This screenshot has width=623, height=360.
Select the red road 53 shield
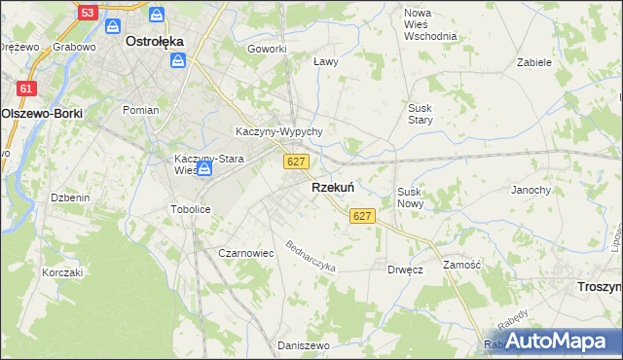pos(88,13)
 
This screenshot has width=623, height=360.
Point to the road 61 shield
pos(27,88)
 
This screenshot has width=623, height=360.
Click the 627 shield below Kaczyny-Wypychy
pos(298,161)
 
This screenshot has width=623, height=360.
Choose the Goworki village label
pos(267,49)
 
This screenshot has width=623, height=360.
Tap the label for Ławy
pos(325,61)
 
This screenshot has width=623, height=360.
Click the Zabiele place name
pos(534,61)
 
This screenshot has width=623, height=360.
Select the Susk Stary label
pos(420,113)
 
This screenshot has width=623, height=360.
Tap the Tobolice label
pos(191,209)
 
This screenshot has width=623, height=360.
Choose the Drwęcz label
pos(404,269)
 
